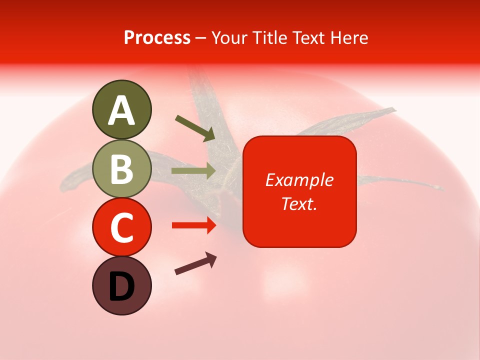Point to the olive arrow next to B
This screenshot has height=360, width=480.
tap(193, 171)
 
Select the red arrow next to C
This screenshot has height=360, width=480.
tap(194, 225)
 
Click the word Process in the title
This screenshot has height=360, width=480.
tap(157, 38)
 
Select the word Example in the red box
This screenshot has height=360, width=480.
tap(299, 180)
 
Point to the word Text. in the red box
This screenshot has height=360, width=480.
tap(299, 203)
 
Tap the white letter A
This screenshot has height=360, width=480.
tap(121, 110)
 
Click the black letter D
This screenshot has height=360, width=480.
tap(121, 286)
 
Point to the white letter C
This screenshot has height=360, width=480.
tap(121, 227)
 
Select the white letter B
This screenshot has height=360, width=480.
tap(121, 169)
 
